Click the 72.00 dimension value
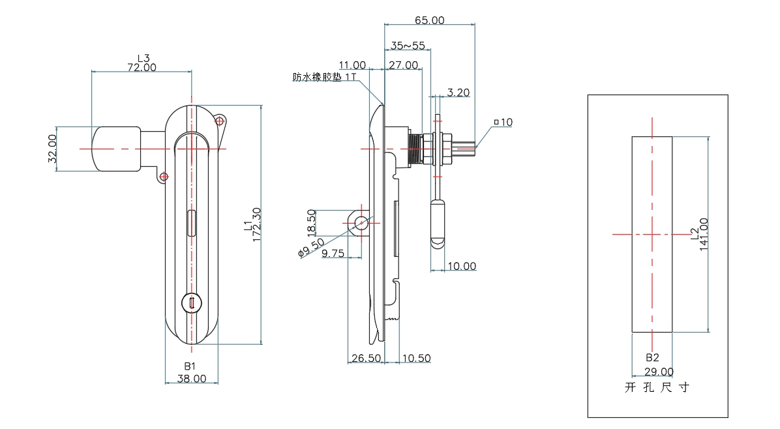pos(142,67)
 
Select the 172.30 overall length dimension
pos(256,224)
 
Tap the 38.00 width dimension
pos(191,378)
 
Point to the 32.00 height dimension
pos(52,149)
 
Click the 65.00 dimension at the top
pos(429,20)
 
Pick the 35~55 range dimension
pos(408,46)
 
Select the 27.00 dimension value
pos(404,65)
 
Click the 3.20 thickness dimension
pos(458,93)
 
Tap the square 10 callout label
pos(503,122)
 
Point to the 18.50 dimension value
pos(312,223)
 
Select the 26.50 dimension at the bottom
pos(366,358)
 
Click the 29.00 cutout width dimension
pos(659,372)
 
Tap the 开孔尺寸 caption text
pos(657,387)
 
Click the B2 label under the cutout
pos(653,358)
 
